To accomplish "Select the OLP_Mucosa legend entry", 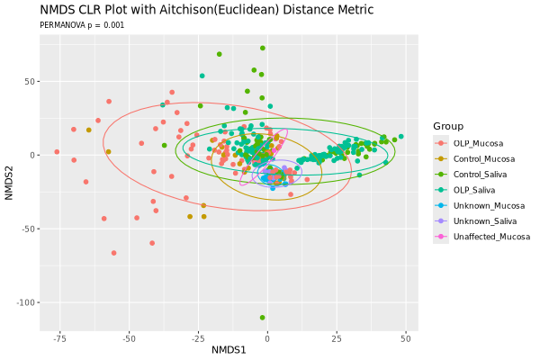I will pos(478,143).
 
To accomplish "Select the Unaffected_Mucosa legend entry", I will pos(491,237).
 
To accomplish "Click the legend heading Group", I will pos(447,126).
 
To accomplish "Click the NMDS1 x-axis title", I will pos(229,348).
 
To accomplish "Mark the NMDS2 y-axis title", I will pos(10,175).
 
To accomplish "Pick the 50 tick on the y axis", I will pos(29,81).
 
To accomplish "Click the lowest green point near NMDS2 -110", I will pos(262,318).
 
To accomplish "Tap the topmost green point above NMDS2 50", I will pos(262,49).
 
